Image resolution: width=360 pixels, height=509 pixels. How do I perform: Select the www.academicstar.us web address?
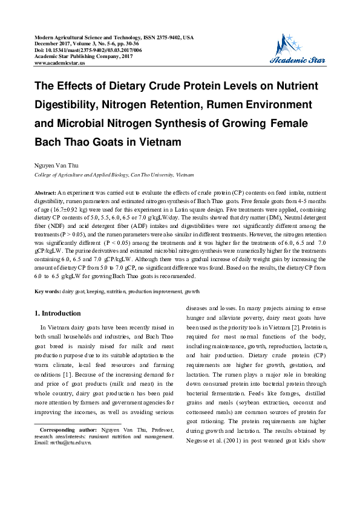pos(60,62)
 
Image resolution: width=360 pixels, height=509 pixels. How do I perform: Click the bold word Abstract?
pos(45,192)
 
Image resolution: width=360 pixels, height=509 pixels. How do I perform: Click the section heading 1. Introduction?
pos(57,314)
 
